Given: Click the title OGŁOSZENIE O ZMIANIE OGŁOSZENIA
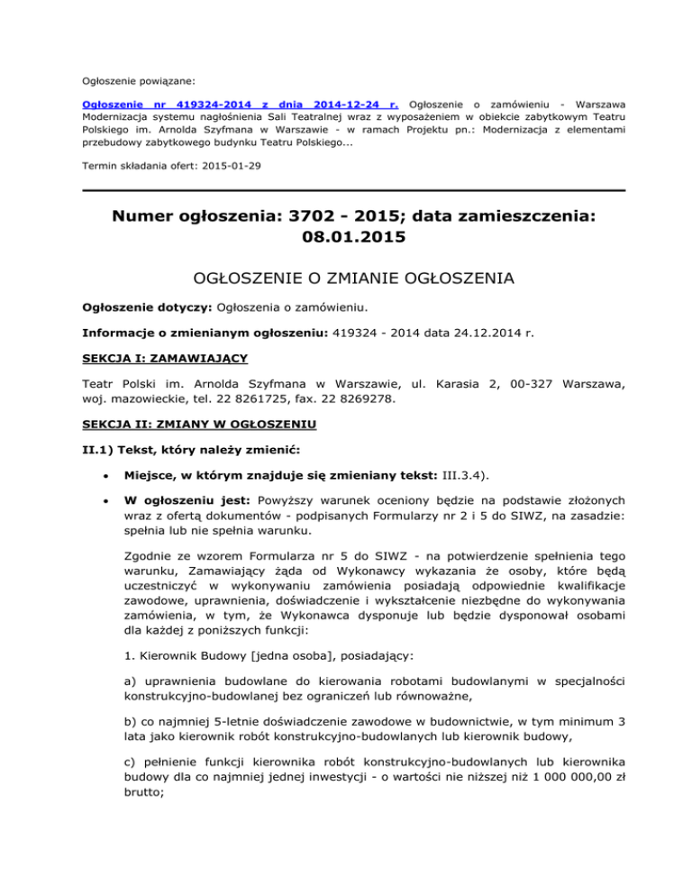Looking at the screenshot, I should [345, 280].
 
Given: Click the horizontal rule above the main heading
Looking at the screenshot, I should [345, 190].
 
